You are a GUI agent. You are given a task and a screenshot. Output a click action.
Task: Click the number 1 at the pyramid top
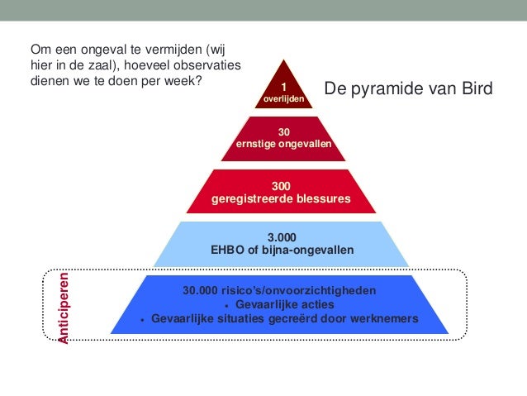click(283, 88)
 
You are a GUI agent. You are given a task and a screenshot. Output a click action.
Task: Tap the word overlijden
click(283, 99)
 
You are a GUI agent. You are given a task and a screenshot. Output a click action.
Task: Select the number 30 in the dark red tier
click(283, 132)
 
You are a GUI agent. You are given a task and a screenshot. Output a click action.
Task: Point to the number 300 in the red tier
click(282, 187)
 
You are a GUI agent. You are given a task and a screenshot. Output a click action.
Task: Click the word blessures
click(322, 199)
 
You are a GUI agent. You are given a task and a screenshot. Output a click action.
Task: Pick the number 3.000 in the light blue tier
click(282, 236)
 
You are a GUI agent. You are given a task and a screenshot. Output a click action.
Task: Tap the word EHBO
click(228, 249)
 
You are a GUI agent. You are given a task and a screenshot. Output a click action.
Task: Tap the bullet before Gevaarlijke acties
click(217, 306)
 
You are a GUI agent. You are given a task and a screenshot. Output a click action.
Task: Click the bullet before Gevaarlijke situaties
click(143, 320)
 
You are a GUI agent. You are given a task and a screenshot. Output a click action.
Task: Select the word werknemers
click(384, 319)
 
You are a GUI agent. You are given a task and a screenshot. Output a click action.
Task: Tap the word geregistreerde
click(251, 199)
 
